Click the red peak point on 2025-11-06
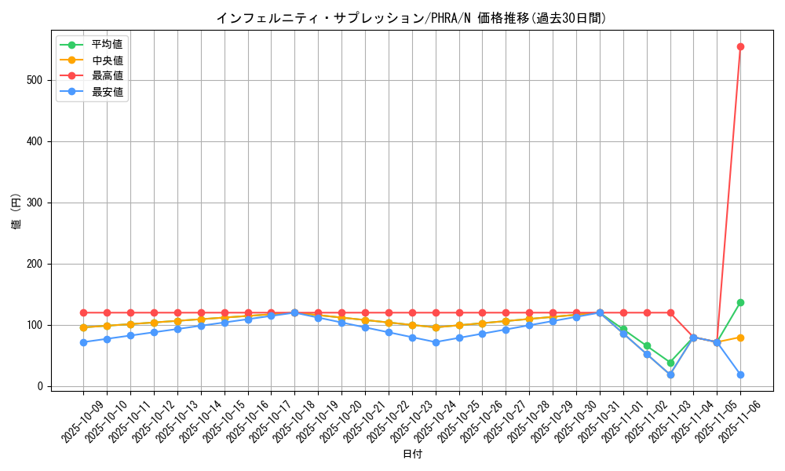coord(740,46)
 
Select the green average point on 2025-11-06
coord(740,302)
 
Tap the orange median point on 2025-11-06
coord(740,338)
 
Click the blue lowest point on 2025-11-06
coord(740,374)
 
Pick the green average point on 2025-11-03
coord(670,363)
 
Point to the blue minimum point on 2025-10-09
coord(83,342)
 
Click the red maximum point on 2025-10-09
coord(83,312)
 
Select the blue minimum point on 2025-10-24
coord(436,342)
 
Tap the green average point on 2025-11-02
coord(647,345)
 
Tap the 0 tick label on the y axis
coord(41,386)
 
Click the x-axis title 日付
coord(412,455)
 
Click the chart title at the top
coord(411,18)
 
